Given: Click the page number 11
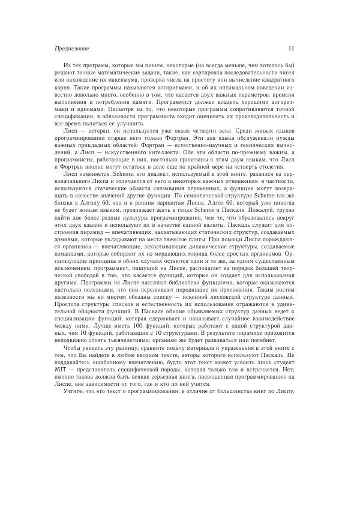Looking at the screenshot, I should [x=291, y=47].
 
